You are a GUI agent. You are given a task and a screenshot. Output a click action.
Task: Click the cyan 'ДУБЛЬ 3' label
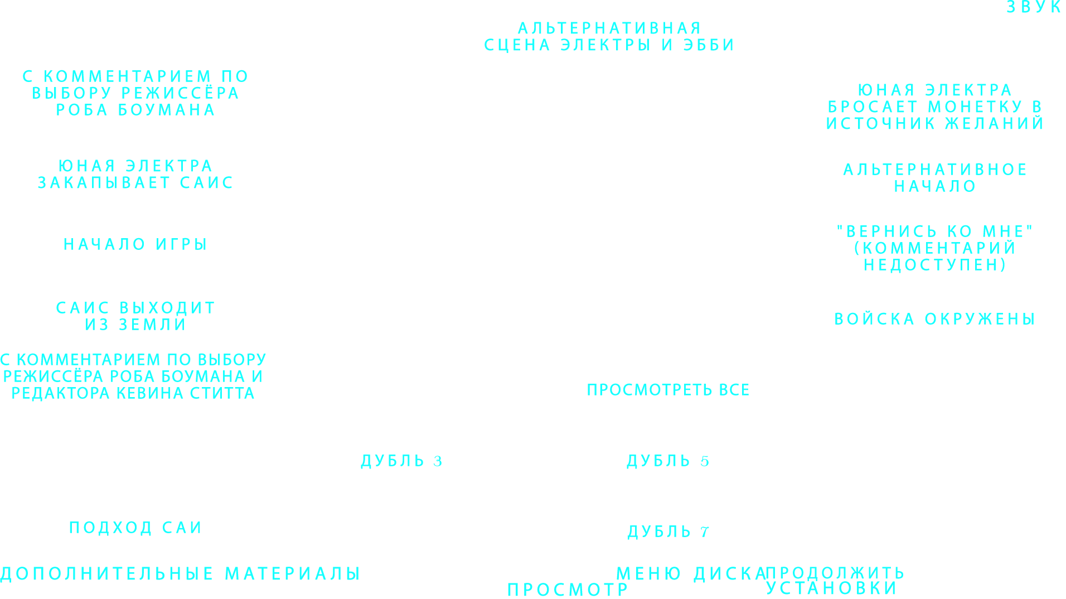(x=401, y=461)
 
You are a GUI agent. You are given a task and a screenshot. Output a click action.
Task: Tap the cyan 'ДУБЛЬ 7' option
(x=668, y=532)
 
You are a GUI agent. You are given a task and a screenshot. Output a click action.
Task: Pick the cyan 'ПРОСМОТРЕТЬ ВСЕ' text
(x=668, y=390)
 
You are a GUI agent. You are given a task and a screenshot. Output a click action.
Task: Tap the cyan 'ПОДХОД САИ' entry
(x=135, y=528)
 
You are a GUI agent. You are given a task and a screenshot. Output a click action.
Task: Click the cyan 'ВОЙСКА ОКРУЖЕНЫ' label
(x=934, y=319)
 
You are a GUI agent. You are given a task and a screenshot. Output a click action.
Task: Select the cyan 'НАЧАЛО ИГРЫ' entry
(x=135, y=244)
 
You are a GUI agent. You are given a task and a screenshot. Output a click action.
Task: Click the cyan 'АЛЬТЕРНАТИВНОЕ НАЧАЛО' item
(x=934, y=178)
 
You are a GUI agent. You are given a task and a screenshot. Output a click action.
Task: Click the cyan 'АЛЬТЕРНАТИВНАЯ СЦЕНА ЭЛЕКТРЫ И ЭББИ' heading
(x=609, y=37)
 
